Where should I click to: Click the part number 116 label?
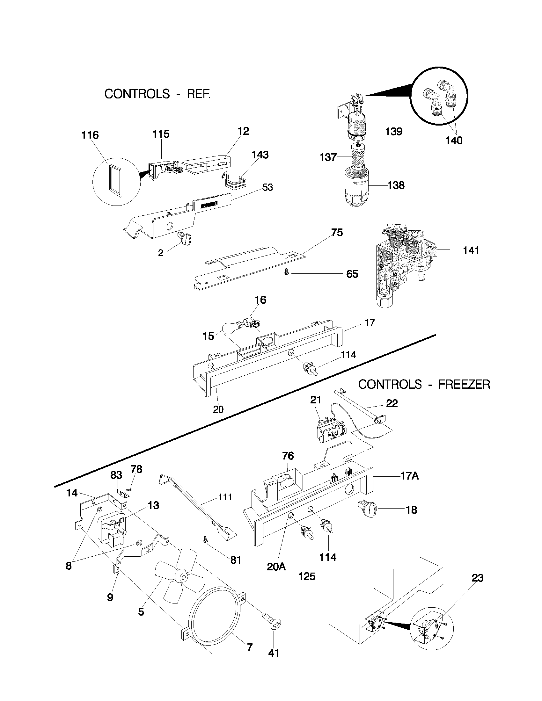(90, 135)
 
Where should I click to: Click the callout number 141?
(471, 251)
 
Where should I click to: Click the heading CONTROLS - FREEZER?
(424, 384)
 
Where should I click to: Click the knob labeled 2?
(184, 238)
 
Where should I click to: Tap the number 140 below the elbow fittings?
(454, 140)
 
